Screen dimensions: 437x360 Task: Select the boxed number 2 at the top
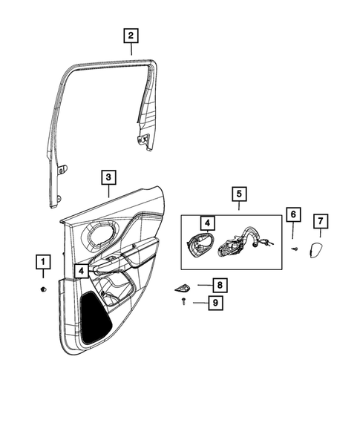click(130, 35)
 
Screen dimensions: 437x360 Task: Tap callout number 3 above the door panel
click(108, 177)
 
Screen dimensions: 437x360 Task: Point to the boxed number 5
click(239, 194)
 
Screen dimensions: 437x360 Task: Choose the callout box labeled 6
click(292, 215)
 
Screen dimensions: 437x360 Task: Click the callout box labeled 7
click(320, 221)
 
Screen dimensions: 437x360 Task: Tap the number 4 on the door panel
click(79, 272)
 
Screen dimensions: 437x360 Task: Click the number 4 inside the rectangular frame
click(207, 222)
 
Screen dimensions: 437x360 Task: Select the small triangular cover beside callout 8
click(185, 286)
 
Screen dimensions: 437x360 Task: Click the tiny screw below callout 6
click(295, 249)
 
